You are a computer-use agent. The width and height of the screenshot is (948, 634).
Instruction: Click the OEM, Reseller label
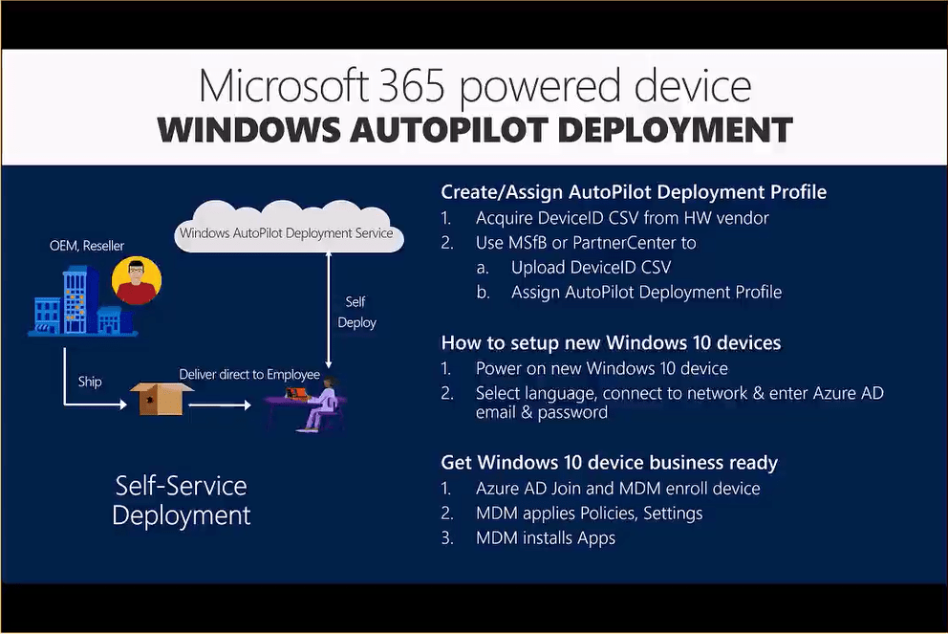point(88,246)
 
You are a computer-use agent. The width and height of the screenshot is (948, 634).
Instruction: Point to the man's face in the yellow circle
point(137,278)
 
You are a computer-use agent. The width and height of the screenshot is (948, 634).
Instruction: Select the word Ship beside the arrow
point(90,382)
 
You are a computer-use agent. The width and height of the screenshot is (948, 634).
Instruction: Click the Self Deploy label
point(356,312)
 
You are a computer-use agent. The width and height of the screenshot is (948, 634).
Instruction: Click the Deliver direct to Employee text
point(249,374)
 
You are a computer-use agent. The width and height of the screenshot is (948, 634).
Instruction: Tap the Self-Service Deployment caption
point(181,500)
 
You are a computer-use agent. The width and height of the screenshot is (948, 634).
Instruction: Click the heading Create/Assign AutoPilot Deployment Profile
point(634,192)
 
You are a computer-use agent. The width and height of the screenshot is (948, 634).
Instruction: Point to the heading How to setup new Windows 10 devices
point(611,342)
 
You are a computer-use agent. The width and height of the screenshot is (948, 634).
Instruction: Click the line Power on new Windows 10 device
point(601,368)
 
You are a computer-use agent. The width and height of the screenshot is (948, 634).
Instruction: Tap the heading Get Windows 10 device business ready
point(609,463)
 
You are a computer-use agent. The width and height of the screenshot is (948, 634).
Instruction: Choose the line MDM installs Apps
point(546,537)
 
